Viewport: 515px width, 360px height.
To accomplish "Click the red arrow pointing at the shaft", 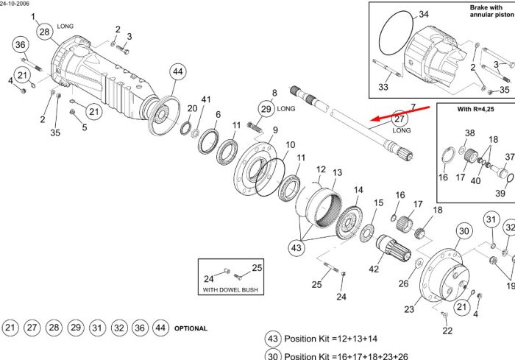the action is (x=400, y=113).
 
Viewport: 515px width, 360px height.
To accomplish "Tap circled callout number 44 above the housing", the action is (x=178, y=71).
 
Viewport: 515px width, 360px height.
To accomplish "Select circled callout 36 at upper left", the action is (x=21, y=45).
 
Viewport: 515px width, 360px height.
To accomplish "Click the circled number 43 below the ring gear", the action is (x=296, y=247).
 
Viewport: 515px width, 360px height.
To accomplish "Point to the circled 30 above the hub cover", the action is (x=464, y=230).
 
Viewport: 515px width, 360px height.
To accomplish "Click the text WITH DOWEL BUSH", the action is (x=230, y=289).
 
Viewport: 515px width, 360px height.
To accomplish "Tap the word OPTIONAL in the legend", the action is (x=191, y=328).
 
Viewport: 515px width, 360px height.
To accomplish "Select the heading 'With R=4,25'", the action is (x=475, y=109).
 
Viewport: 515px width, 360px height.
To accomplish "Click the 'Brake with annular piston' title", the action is (x=491, y=11).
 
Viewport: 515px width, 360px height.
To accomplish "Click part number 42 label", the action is (x=374, y=269).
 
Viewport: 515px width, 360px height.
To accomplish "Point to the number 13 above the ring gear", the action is (x=337, y=172).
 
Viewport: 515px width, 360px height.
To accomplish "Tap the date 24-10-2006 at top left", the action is (x=14, y=4).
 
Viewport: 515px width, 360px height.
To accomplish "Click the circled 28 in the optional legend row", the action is (x=54, y=328).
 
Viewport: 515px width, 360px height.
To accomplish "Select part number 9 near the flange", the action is (x=275, y=130).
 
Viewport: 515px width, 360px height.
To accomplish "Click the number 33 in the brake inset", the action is (x=383, y=87).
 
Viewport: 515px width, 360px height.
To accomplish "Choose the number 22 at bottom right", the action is (x=447, y=331).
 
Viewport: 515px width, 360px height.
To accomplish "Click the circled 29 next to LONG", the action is (x=266, y=109).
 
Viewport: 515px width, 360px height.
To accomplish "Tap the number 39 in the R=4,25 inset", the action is (x=500, y=193).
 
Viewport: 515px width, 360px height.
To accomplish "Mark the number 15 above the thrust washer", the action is (x=378, y=203).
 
